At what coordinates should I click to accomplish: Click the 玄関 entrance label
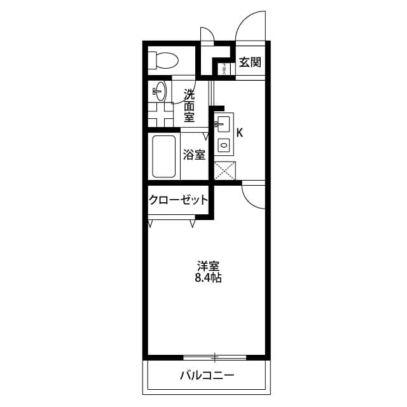pyautogui.click(x=250, y=62)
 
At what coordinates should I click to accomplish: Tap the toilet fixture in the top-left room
pyautogui.click(x=163, y=61)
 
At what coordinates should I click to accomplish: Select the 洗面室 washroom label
pyautogui.click(x=190, y=106)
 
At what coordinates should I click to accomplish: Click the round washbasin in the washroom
pyautogui.click(x=160, y=92)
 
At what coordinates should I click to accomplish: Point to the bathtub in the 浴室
pyautogui.click(x=163, y=156)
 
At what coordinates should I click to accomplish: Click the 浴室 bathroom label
pyautogui.click(x=194, y=155)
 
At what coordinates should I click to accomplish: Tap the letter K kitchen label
pyautogui.click(x=240, y=133)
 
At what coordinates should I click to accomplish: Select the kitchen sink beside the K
pyautogui.click(x=223, y=122)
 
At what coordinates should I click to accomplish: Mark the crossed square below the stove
pyautogui.click(x=224, y=170)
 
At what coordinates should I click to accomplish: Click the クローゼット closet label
pyautogui.click(x=178, y=200)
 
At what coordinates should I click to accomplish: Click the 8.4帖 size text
pyautogui.click(x=208, y=278)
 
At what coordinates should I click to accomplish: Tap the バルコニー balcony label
pyautogui.click(x=207, y=375)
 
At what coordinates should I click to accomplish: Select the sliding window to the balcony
pyautogui.click(x=215, y=355)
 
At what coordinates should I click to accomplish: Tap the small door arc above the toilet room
pyautogui.click(x=207, y=33)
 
